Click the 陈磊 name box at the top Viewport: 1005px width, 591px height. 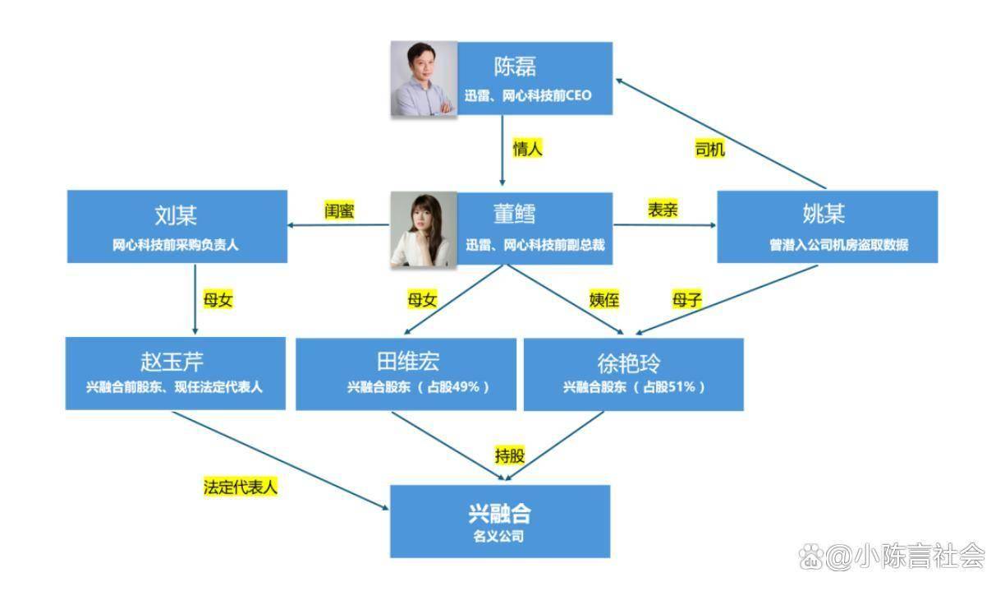pyautogui.click(x=535, y=79)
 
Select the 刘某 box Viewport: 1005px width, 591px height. pyautogui.click(x=177, y=227)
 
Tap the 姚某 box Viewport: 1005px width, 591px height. pyautogui.click(x=827, y=227)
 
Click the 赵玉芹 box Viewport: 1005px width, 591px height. pyautogui.click(x=175, y=373)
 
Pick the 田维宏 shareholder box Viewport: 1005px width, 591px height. pyautogui.click(x=406, y=374)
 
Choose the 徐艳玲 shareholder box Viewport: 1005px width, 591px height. pyautogui.click(x=633, y=374)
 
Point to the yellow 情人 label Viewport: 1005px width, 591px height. pyautogui.click(x=528, y=149)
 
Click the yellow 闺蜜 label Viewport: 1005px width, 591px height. pyautogui.click(x=339, y=210)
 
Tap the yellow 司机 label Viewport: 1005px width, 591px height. pyautogui.click(x=710, y=150)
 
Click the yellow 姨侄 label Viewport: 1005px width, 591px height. pyautogui.click(x=604, y=300)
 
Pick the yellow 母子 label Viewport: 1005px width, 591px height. pyautogui.click(x=686, y=300)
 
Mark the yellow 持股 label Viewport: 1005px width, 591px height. pyautogui.click(x=509, y=455)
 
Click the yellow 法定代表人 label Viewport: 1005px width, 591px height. pyautogui.click(x=241, y=487)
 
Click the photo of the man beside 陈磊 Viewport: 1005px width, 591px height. pyautogui.click(x=423, y=79)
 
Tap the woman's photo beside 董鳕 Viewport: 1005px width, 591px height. pyautogui.click(x=422, y=230)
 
